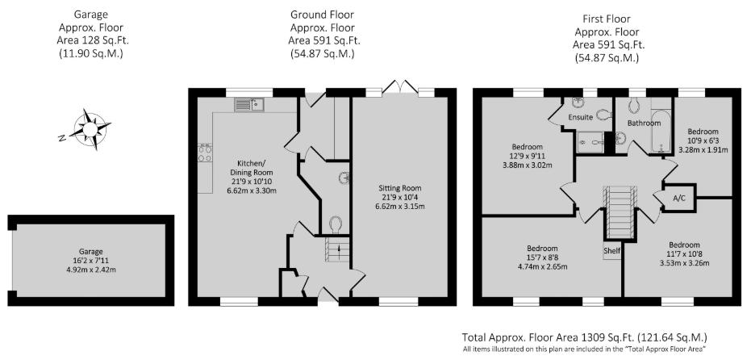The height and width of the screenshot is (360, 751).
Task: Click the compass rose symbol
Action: (x=90, y=129)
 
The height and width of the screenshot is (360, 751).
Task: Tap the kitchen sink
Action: (x=249, y=104)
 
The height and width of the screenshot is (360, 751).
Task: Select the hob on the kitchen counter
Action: (x=206, y=153)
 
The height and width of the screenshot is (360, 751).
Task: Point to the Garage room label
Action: (x=91, y=251)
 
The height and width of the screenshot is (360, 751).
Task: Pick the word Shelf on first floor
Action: (x=612, y=251)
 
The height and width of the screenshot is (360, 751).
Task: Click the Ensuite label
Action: (x=581, y=117)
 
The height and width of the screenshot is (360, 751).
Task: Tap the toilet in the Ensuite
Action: (x=604, y=114)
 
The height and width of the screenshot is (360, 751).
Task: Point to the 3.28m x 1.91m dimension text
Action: (x=703, y=149)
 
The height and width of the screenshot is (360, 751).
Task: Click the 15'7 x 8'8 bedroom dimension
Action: (x=542, y=257)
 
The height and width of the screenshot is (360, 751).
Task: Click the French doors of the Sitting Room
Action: (x=400, y=86)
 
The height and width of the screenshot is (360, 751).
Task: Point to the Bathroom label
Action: (x=645, y=123)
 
